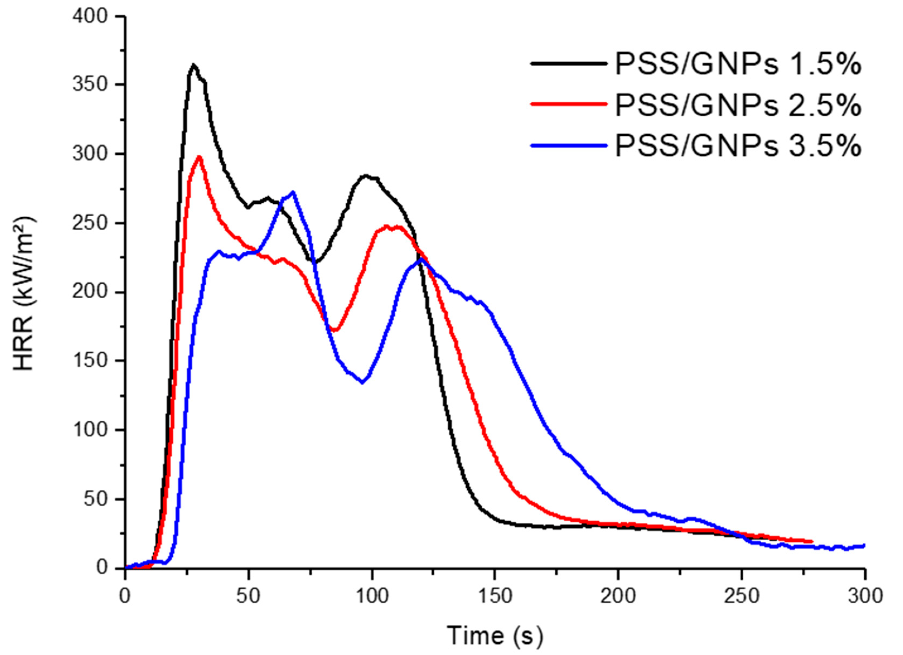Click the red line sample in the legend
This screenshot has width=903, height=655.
point(569,103)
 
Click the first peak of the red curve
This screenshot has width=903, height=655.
point(199,157)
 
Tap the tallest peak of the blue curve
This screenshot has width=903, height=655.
point(293,192)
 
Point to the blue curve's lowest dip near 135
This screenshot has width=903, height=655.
point(362,383)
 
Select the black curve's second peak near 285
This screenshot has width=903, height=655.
point(365,175)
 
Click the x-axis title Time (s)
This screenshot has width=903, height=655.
point(495,635)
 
